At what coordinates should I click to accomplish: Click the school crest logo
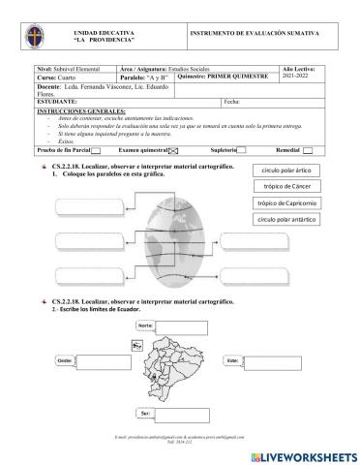(x=32, y=41)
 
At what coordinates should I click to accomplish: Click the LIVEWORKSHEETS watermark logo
(x=302, y=454)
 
